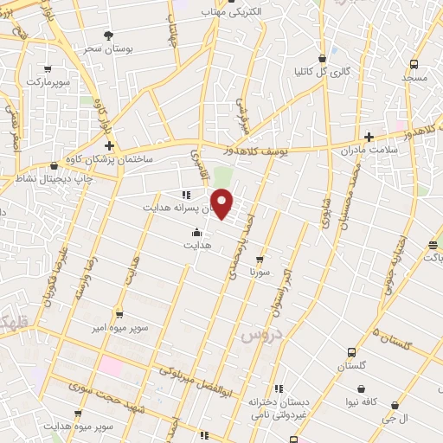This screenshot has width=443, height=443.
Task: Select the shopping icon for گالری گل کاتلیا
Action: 323,59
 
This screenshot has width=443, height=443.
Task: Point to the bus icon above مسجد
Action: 414,64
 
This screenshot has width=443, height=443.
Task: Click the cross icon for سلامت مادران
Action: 369,137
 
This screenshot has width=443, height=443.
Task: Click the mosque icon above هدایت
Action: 196,232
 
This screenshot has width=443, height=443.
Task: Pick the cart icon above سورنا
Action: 259,259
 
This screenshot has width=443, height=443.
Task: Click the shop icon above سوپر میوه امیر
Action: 119,315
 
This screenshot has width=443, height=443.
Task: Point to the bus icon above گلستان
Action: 350,352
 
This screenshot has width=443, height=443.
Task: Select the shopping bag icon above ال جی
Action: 395,404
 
